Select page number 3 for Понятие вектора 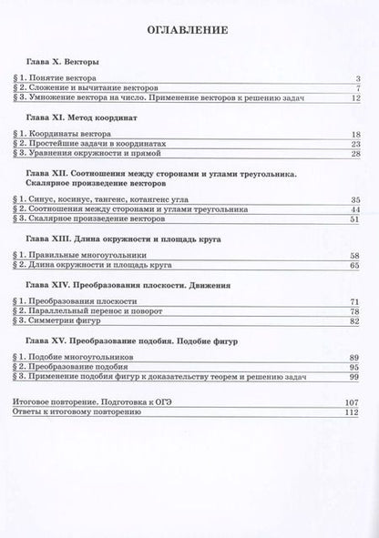click(x=358, y=78)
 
